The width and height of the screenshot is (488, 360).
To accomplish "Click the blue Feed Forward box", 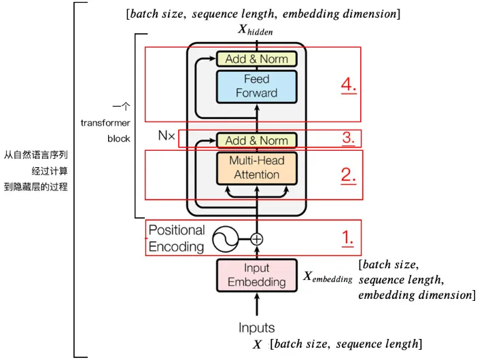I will (256, 86).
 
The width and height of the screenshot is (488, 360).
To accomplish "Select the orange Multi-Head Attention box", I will (256, 168).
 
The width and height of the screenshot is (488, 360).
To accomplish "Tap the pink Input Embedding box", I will (256, 275).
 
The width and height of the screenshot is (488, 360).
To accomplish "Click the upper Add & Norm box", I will (256, 59).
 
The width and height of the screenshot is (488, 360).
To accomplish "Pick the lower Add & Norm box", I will (256, 141).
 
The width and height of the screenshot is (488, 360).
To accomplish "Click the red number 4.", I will (349, 86).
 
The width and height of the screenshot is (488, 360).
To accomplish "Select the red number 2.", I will (349, 175).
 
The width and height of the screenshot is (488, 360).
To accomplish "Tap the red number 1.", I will (347, 238).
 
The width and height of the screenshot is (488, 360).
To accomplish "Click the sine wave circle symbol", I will (224, 239).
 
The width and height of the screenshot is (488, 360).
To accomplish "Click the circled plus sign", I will (256, 239).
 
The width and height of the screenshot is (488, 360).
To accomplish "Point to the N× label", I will (167, 136).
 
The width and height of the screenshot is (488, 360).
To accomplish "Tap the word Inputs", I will (256, 328).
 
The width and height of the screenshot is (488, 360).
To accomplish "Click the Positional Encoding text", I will (176, 238).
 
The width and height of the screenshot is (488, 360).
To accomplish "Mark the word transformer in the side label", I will (105, 123).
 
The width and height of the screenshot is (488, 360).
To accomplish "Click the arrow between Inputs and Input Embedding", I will (256, 306).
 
